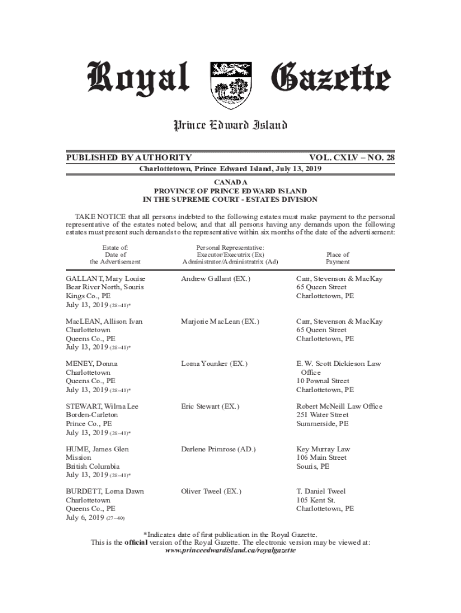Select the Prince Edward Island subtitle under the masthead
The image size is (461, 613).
tap(230, 125)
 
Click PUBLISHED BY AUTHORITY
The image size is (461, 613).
tap(129, 158)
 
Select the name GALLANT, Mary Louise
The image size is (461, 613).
tap(105, 279)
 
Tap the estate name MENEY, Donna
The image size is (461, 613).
tap(92, 364)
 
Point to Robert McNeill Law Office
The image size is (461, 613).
tap(339, 406)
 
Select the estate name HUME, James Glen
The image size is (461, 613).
tap(97, 449)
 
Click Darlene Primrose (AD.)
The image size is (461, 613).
tap(220, 449)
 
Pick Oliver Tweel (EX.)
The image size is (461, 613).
tap(211, 491)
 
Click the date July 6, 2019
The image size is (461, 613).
tap(84, 517)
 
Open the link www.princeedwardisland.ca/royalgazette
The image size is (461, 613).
tap(230, 550)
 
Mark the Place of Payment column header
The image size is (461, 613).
tap(338, 258)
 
